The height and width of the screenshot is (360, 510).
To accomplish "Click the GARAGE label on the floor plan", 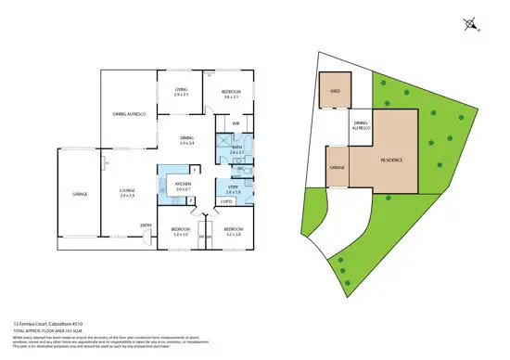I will [x=81, y=194].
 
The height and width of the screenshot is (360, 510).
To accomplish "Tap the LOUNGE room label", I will [x=128, y=192].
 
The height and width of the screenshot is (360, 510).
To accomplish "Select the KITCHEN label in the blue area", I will [x=183, y=184].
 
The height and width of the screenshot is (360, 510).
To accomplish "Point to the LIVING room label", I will [x=181, y=89].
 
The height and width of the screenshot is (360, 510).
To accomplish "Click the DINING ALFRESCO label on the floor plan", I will [x=127, y=112].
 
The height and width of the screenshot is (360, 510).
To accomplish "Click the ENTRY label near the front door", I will [x=146, y=225].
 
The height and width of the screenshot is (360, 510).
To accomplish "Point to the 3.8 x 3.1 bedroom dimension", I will [x=232, y=96].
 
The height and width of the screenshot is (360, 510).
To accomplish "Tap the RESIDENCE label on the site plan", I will [x=393, y=160].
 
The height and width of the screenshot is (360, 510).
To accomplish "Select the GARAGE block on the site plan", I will [x=337, y=169].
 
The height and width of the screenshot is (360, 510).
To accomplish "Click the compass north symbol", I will [x=474, y=23].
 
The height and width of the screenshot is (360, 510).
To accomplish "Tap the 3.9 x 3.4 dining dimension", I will [x=187, y=141].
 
